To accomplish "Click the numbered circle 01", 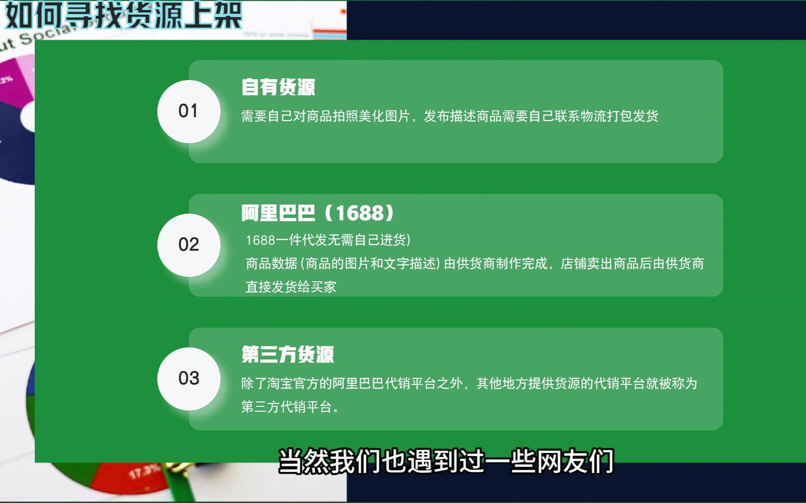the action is (189, 111).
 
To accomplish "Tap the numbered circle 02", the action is (189, 245).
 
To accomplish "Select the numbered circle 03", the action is (189, 379).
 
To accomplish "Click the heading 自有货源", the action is (278, 87).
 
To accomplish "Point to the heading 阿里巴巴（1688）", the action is (317, 213).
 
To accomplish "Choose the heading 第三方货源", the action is (287, 355).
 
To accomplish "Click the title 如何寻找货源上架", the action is (124, 15).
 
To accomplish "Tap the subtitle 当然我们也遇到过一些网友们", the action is (446, 461).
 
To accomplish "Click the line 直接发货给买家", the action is (291, 287).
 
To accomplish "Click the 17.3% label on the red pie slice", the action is (144, 471).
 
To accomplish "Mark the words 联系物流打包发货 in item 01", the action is (606, 116).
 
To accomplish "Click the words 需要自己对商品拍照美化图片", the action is (326, 116).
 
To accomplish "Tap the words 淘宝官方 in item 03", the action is (293, 384).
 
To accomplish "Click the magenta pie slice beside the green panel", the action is (18, 80).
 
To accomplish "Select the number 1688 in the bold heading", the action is (360, 213).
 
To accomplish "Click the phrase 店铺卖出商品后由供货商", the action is (632, 264).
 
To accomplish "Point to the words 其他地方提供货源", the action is (528, 384).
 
